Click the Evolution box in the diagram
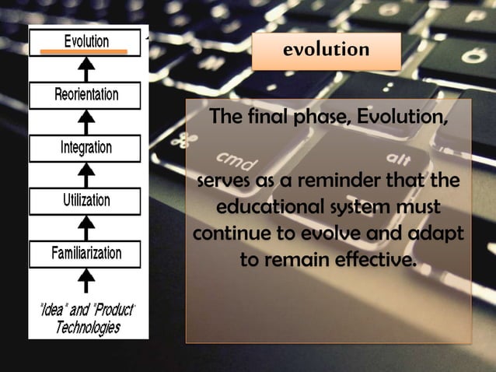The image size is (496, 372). coord(86,41)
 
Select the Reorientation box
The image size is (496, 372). coord(86,95)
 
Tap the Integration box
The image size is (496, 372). coord(86,147)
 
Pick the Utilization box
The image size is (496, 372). coord(86,200)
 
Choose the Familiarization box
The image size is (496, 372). coord(86,253)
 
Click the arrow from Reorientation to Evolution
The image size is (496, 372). coord(89,69)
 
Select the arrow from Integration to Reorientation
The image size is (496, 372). coord(89,121)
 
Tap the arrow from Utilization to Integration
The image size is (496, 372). coord(89,174)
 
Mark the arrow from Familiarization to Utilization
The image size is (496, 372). coord(89,226)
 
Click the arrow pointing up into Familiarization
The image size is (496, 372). coord(89,279)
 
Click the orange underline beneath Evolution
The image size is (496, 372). coord(84,51)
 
